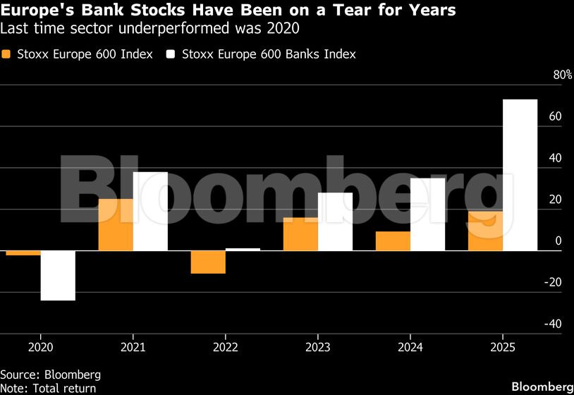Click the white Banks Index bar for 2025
[520, 175]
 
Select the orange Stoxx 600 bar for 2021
[116, 224]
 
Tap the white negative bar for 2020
[58, 276]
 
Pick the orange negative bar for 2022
[208, 262]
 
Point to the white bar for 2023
[335, 221]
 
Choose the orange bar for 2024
[393, 241]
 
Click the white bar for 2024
[427, 214]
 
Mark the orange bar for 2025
[485, 231]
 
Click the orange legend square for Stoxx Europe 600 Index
[7, 54]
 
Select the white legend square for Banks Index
[171, 54]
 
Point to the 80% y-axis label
[563, 75]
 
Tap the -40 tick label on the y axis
[554, 324]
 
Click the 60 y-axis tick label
[556, 117]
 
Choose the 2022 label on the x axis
[225, 348]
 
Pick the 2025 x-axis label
[502, 348]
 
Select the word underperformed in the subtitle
[145, 29]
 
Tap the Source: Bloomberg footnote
[50, 375]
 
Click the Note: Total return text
[48, 388]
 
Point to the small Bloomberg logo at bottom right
[542, 387]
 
